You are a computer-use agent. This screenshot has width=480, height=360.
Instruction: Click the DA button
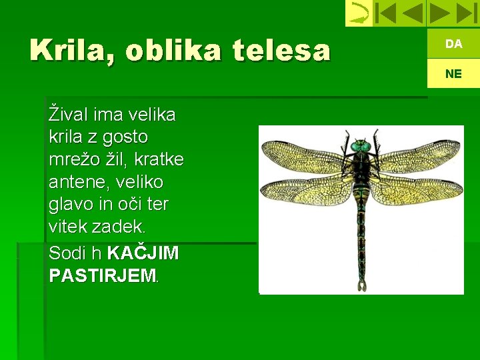coord(453,44)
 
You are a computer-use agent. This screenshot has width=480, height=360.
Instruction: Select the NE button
coord(453,74)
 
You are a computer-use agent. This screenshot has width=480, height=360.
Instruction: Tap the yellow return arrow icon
coord(359,13)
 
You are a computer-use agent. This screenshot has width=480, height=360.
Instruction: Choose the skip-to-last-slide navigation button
coord(465,13)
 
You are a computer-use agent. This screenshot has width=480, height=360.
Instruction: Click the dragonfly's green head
coord(361,145)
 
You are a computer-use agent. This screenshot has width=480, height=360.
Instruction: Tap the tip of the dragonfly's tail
coord(361,287)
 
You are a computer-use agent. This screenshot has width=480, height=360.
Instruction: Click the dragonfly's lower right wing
coord(413,190)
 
